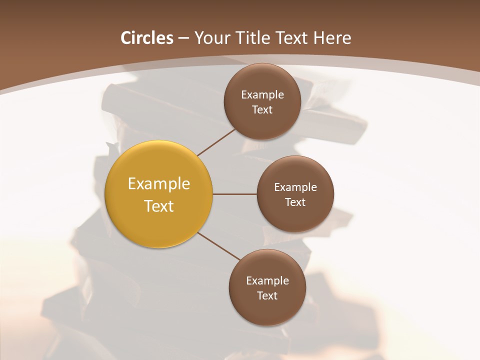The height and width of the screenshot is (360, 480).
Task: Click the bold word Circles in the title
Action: tap(146, 38)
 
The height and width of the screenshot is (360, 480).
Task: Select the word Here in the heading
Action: tap(332, 38)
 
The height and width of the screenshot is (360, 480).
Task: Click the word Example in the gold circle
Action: tap(159, 184)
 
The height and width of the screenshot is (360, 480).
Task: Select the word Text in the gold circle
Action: tap(159, 206)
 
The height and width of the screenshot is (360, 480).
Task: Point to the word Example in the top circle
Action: tap(262, 95)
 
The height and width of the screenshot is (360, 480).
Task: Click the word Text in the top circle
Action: tap(262, 110)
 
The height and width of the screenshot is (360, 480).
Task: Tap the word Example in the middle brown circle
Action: tap(295, 187)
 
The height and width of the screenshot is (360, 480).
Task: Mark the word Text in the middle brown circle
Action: tap(295, 202)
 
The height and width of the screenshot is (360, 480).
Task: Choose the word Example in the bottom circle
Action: tap(267, 281)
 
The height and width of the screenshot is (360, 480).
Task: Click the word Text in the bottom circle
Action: tap(267, 296)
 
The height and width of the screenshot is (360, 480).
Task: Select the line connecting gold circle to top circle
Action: tap(216, 142)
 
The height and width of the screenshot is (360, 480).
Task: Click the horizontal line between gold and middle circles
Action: tap(235, 194)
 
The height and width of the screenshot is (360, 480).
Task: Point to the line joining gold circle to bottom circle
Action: tap(219, 246)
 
